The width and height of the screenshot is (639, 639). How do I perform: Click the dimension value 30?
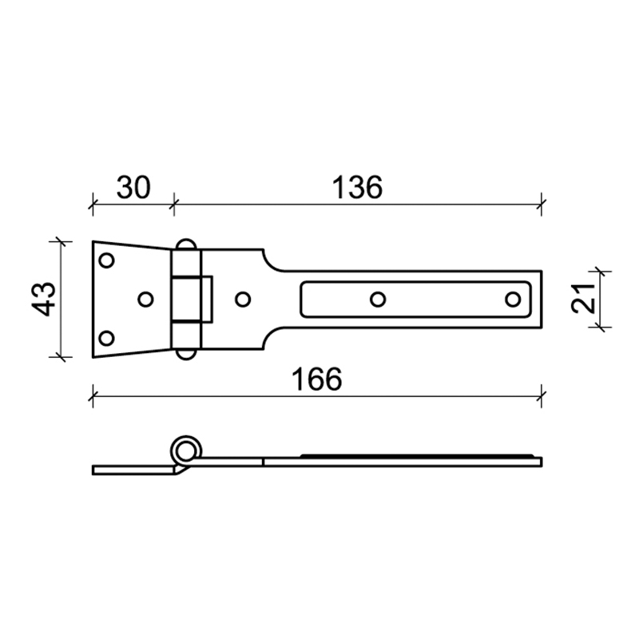tap(133, 188)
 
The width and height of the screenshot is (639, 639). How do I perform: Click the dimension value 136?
tap(357, 188)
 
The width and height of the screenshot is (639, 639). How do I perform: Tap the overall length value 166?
tap(316, 379)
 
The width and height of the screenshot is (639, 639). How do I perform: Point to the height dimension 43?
tap(44, 299)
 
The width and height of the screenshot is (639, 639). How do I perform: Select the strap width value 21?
tap(584, 299)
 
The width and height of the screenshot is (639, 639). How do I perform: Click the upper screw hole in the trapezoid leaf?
tap(107, 260)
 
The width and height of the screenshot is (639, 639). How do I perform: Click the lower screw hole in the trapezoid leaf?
tap(107, 338)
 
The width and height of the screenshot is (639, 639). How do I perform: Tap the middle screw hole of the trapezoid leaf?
tap(145, 299)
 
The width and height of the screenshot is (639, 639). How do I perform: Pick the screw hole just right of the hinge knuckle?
tap(243, 299)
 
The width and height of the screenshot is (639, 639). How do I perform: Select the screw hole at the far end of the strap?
tap(513, 299)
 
